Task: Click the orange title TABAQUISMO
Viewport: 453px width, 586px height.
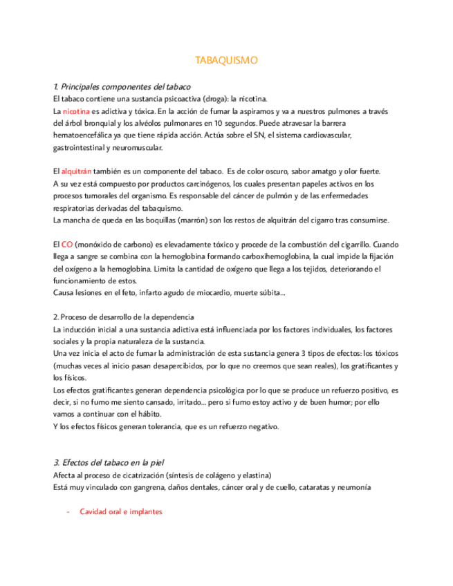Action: coord(227,60)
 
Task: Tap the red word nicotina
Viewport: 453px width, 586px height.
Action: coord(75,111)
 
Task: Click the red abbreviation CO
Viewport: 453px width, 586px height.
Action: coord(67,245)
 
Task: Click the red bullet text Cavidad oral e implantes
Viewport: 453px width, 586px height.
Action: coord(120,512)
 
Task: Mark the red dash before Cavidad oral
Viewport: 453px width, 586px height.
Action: coord(68,512)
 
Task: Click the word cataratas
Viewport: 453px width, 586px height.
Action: coord(315,487)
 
